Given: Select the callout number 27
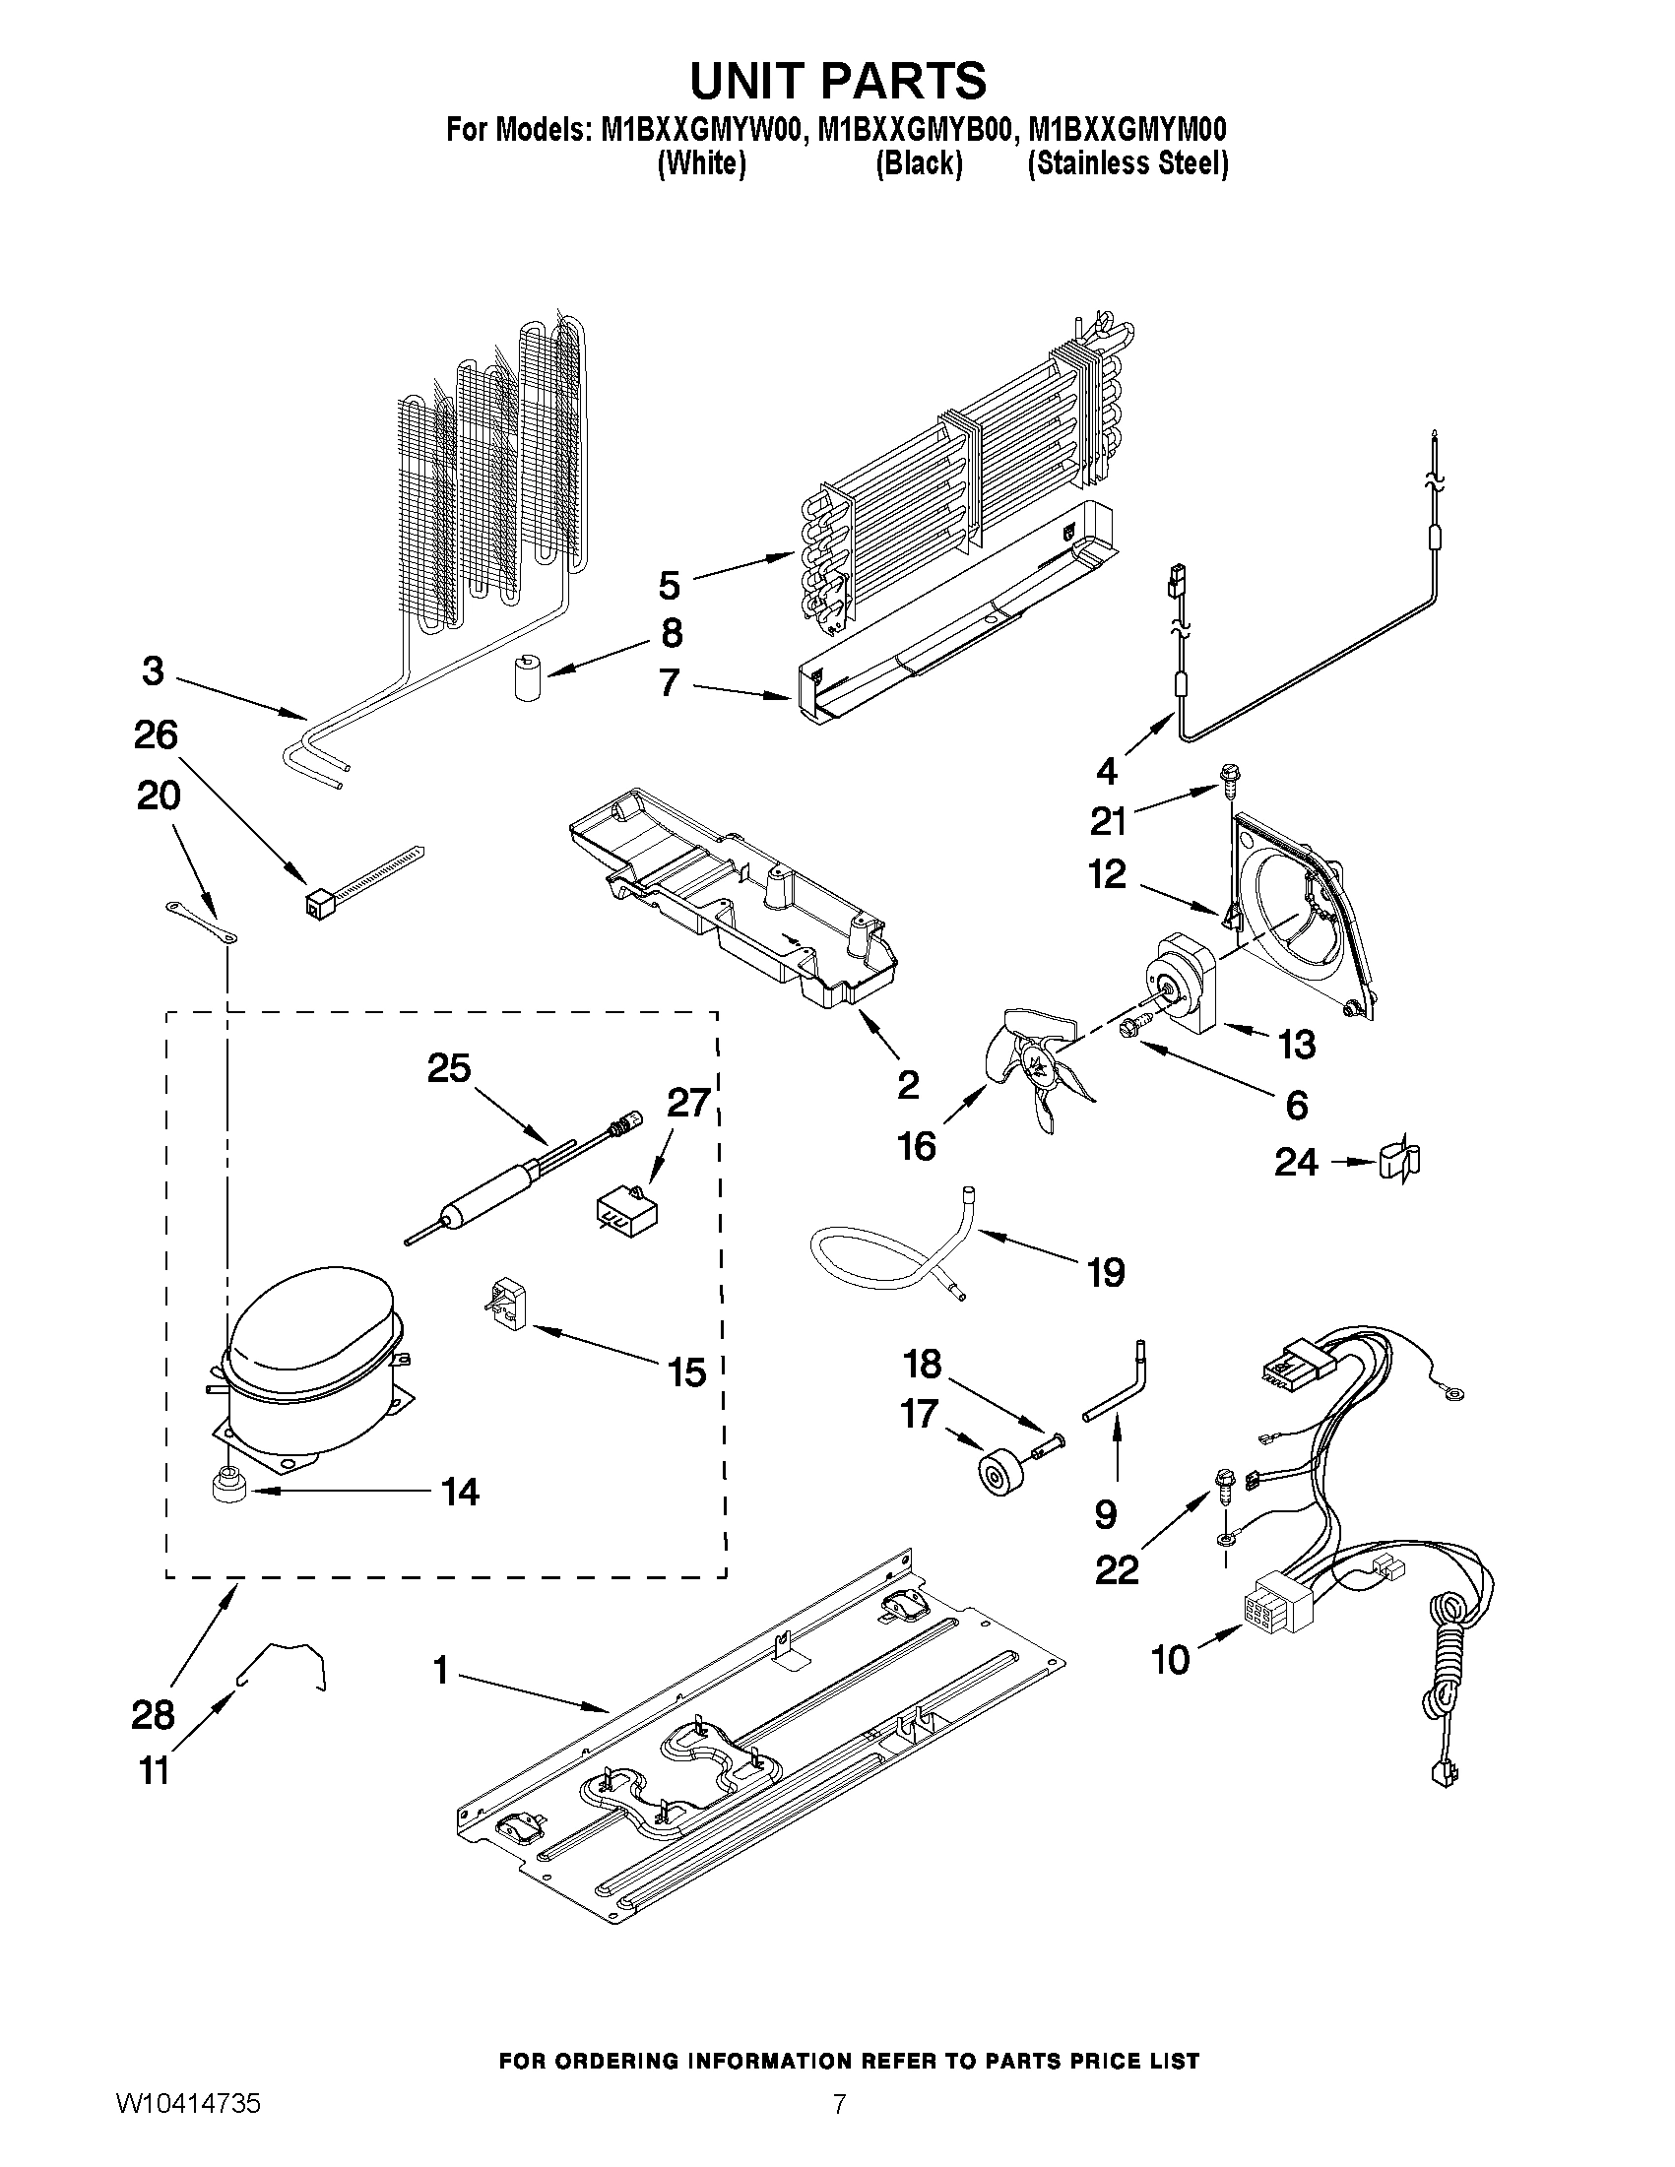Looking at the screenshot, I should pos(687,1103).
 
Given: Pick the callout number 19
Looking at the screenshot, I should pos(1106,1272).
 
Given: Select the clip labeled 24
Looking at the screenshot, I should pos(1398,1162).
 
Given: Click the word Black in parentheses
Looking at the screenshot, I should pos(918,163).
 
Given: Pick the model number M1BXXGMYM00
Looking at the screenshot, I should pos(1127,130).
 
